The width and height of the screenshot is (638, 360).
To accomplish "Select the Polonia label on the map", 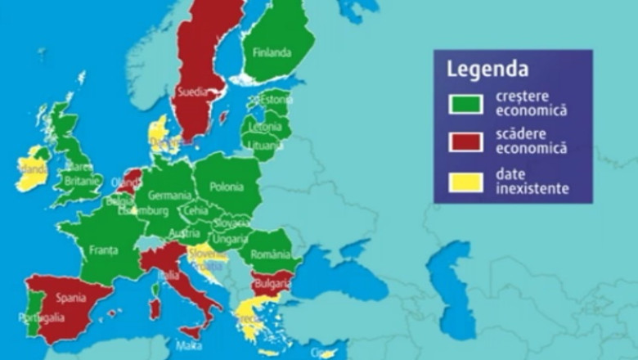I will point(226,187).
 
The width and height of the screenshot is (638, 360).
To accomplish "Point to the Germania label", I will point(168,196).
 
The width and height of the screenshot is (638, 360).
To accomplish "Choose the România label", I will point(271,254).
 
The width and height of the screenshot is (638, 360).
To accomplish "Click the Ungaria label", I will point(231,239).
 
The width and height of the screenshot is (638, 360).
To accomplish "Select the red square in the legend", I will point(464,141).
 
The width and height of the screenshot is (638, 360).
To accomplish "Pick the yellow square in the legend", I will point(464,182).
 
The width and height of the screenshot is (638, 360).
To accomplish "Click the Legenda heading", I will point(487,69).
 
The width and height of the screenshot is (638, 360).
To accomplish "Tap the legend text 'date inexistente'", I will point(532,182).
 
